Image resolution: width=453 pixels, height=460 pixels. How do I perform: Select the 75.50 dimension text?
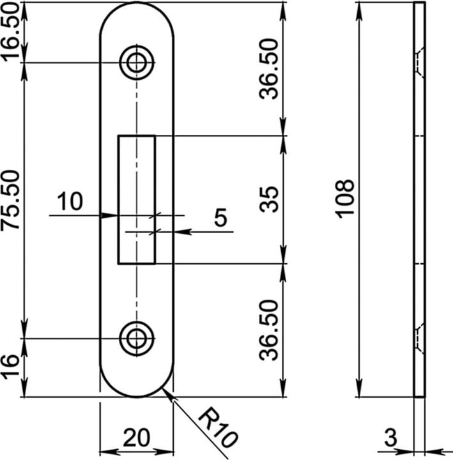12,199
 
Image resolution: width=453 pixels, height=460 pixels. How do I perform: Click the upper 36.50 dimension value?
270,69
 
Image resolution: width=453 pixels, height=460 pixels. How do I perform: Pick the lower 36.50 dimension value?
270,330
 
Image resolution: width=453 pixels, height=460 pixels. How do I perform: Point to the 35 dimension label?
270,199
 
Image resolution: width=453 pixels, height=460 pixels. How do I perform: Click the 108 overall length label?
345,199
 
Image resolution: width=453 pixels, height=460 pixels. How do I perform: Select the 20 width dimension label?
136,438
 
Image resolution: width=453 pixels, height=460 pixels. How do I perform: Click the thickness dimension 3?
391,438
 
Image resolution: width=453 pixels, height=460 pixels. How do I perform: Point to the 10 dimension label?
70,202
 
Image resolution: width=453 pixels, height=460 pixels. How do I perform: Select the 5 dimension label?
220,218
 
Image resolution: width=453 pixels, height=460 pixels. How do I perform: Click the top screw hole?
136,62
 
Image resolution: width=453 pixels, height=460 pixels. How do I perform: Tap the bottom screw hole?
136,337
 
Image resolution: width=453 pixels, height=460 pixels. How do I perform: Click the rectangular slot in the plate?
136,199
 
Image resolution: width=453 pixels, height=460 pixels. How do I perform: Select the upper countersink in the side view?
418,62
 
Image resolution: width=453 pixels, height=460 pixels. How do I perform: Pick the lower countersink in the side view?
418,337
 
